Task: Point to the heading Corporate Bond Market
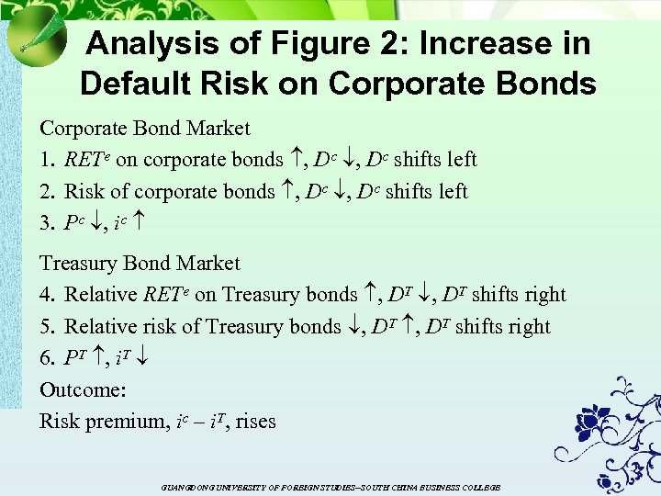[x=144, y=128]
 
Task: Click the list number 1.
[x=46, y=160]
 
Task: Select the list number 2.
[x=46, y=192]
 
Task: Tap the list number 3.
[x=46, y=223]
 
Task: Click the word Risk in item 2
[x=84, y=192]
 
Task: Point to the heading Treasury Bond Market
[x=140, y=264]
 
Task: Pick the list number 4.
[x=46, y=295]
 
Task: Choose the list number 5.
[x=46, y=327]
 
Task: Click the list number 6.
[x=46, y=359]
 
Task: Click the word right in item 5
[x=528, y=327]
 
